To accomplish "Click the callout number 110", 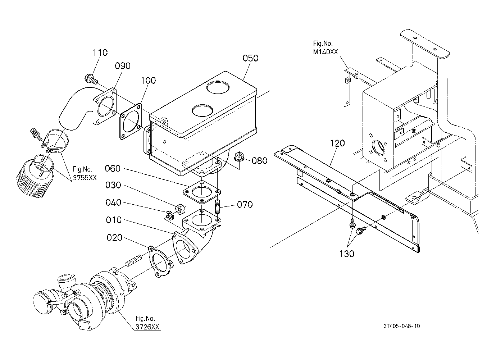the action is click(100, 53).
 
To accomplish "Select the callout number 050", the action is click(250, 58).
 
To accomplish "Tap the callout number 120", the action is click(337, 143).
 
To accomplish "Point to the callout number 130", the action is click(347, 254).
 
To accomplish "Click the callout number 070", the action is click(245, 204).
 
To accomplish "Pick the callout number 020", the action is click(114, 238).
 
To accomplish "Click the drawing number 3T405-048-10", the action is click(402, 326).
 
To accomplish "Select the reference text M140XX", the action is click(325, 52).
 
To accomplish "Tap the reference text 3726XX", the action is click(147, 327).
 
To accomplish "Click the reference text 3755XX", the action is click(85, 178).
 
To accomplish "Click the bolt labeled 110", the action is click(91, 80).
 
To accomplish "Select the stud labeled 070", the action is click(218, 206).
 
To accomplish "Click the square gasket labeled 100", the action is click(131, 121).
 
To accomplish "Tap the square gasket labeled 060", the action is click(202, 192).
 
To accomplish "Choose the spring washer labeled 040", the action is click(169, 215).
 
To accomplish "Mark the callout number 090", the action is click(123, 66).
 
